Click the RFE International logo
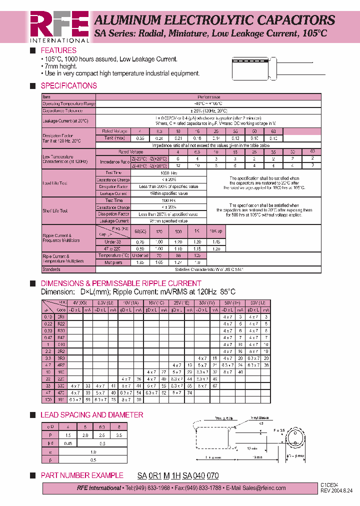[59, 26]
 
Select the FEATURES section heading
[58, 50]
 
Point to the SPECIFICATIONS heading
[68, 85]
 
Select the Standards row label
[51, 269]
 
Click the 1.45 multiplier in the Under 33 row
[216, 241]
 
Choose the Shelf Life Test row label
[55, 211]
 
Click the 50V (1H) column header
[232, 303]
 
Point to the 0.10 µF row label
[48, 317]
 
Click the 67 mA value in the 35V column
[214, 386]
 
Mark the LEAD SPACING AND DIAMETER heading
[91, 415]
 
